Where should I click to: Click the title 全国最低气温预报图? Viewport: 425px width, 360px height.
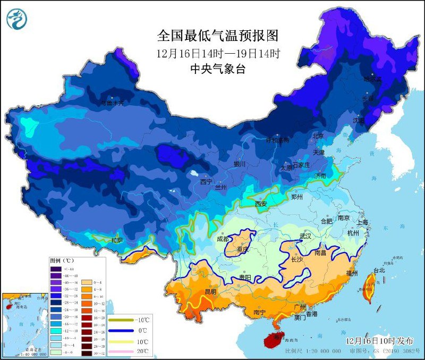point(218,36)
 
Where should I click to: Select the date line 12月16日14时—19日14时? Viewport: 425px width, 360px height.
point(218,53)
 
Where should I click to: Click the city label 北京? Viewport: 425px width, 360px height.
point(318,136)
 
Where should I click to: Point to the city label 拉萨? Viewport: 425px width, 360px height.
point(117,241)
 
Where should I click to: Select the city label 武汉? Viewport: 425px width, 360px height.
point(305,236)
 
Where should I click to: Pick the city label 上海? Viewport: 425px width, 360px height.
point(363,222)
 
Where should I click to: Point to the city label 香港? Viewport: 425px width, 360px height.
point(311,314)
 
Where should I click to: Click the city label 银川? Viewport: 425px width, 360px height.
point(240,164)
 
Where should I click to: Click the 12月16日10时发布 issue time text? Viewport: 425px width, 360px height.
point(378,340)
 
